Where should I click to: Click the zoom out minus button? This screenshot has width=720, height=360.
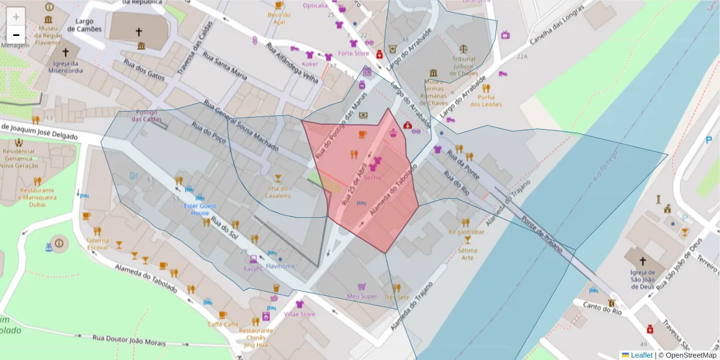coord(16,34)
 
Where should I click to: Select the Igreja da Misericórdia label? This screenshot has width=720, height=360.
coord(66,67)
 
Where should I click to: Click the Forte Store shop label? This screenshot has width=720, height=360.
coord(353,53)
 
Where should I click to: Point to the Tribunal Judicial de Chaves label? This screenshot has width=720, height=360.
coord(464,66)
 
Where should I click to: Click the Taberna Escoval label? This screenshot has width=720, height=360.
coord(97,244)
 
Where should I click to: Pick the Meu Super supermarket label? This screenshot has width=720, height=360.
coord(362,296)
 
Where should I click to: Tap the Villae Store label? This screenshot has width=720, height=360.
coord(299,314)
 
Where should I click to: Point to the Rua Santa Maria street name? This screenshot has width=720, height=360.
coord(225,65)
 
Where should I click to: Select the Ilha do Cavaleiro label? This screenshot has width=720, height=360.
coord(277,191)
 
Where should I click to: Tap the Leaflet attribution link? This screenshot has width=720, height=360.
coord(640,355)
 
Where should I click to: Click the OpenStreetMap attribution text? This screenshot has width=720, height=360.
coord(690,355)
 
